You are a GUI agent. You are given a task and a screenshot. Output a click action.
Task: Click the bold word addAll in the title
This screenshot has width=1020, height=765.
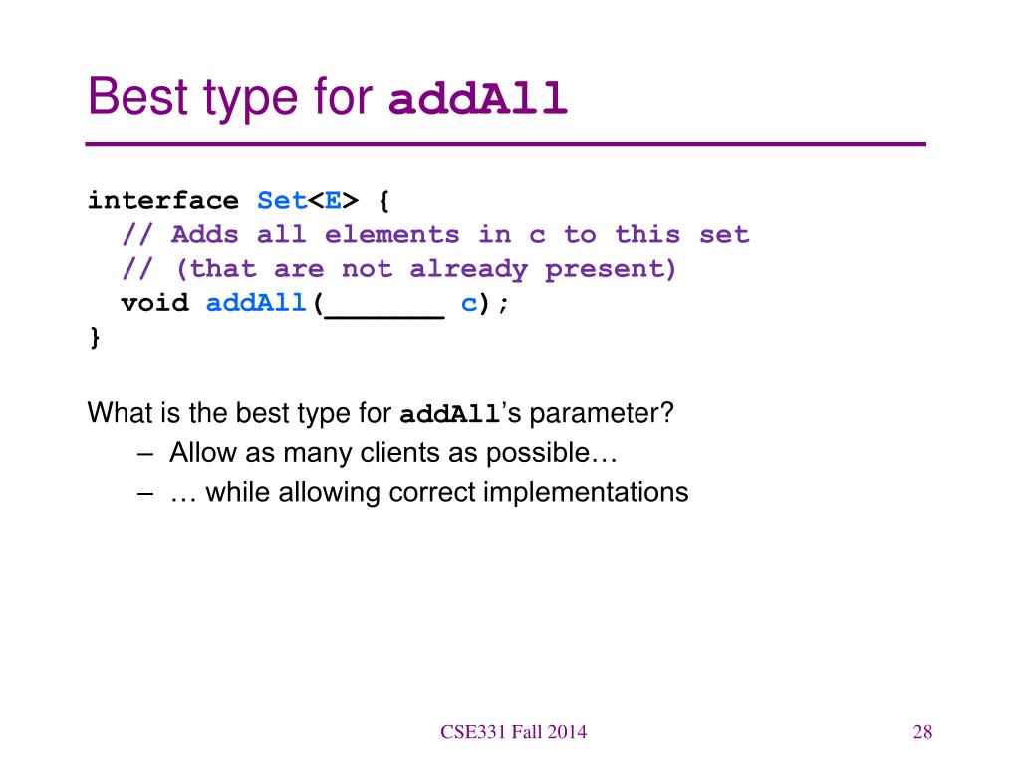(477, 98)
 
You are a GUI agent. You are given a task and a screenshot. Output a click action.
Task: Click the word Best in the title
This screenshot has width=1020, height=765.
(138, 97)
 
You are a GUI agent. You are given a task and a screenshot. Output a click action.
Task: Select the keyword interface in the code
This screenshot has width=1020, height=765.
(163, 201)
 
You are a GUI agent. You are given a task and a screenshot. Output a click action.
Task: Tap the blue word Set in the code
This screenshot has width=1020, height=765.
(282, 201)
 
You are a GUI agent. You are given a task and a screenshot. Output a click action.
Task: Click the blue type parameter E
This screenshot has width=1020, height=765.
(333, 201)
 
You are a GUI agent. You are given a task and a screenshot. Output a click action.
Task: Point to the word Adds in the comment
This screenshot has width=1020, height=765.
(205, 234)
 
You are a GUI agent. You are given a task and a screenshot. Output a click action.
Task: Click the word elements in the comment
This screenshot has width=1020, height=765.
(391, 234)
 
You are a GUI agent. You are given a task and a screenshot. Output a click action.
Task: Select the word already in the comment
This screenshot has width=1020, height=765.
(468, 269)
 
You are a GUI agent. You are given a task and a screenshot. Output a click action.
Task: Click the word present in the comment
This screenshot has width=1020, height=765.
(603, 269)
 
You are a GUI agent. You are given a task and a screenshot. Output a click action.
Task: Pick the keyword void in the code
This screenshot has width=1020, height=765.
(154, 303)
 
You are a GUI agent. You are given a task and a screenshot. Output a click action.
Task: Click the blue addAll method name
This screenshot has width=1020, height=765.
(256, 303)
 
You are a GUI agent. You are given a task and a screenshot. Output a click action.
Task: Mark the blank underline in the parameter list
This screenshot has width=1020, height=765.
(384, 317)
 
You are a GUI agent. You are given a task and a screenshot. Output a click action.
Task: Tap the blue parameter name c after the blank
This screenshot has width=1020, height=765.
(469, 304)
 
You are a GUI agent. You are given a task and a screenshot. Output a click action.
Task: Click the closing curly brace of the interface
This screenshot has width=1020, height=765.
(95, 337)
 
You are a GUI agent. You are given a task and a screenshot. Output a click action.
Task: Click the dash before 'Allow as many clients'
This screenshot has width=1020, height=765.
(145, 453)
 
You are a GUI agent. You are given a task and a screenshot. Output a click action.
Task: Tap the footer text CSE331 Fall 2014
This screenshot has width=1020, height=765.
(513, 732)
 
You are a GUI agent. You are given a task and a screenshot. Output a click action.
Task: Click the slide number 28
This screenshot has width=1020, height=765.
(922, 732)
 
